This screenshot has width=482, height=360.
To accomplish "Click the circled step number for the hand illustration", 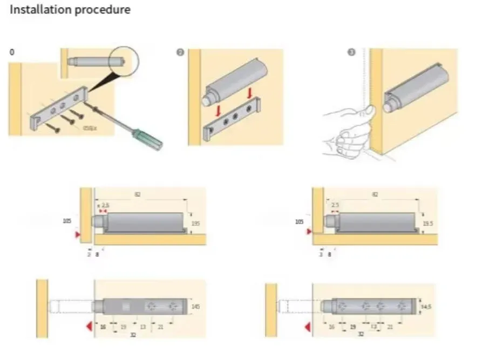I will point(351,52).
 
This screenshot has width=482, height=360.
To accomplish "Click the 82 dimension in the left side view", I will point(137,194).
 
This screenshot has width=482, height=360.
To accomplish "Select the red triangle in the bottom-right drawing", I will point(307,327).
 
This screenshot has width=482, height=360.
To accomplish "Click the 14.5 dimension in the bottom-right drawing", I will point(426,306).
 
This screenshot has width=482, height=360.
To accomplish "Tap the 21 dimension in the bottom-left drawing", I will point(161,327).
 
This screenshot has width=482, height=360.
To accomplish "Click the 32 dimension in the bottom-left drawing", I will point(133,335).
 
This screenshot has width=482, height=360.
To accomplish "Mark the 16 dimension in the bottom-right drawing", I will point(331,327).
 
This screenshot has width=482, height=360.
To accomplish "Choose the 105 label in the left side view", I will point(67,221).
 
